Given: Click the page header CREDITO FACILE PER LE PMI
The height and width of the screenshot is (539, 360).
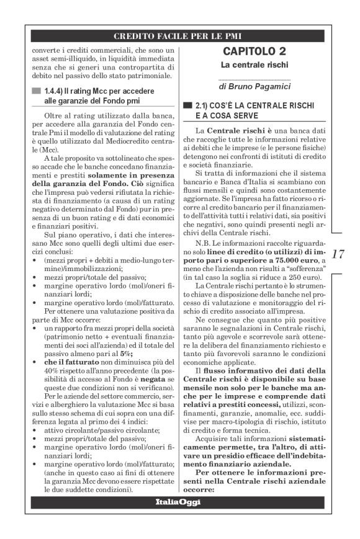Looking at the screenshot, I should click(x=179, y=35).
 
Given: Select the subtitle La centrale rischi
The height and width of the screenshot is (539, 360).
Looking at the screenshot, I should click(x=254, y=64).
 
